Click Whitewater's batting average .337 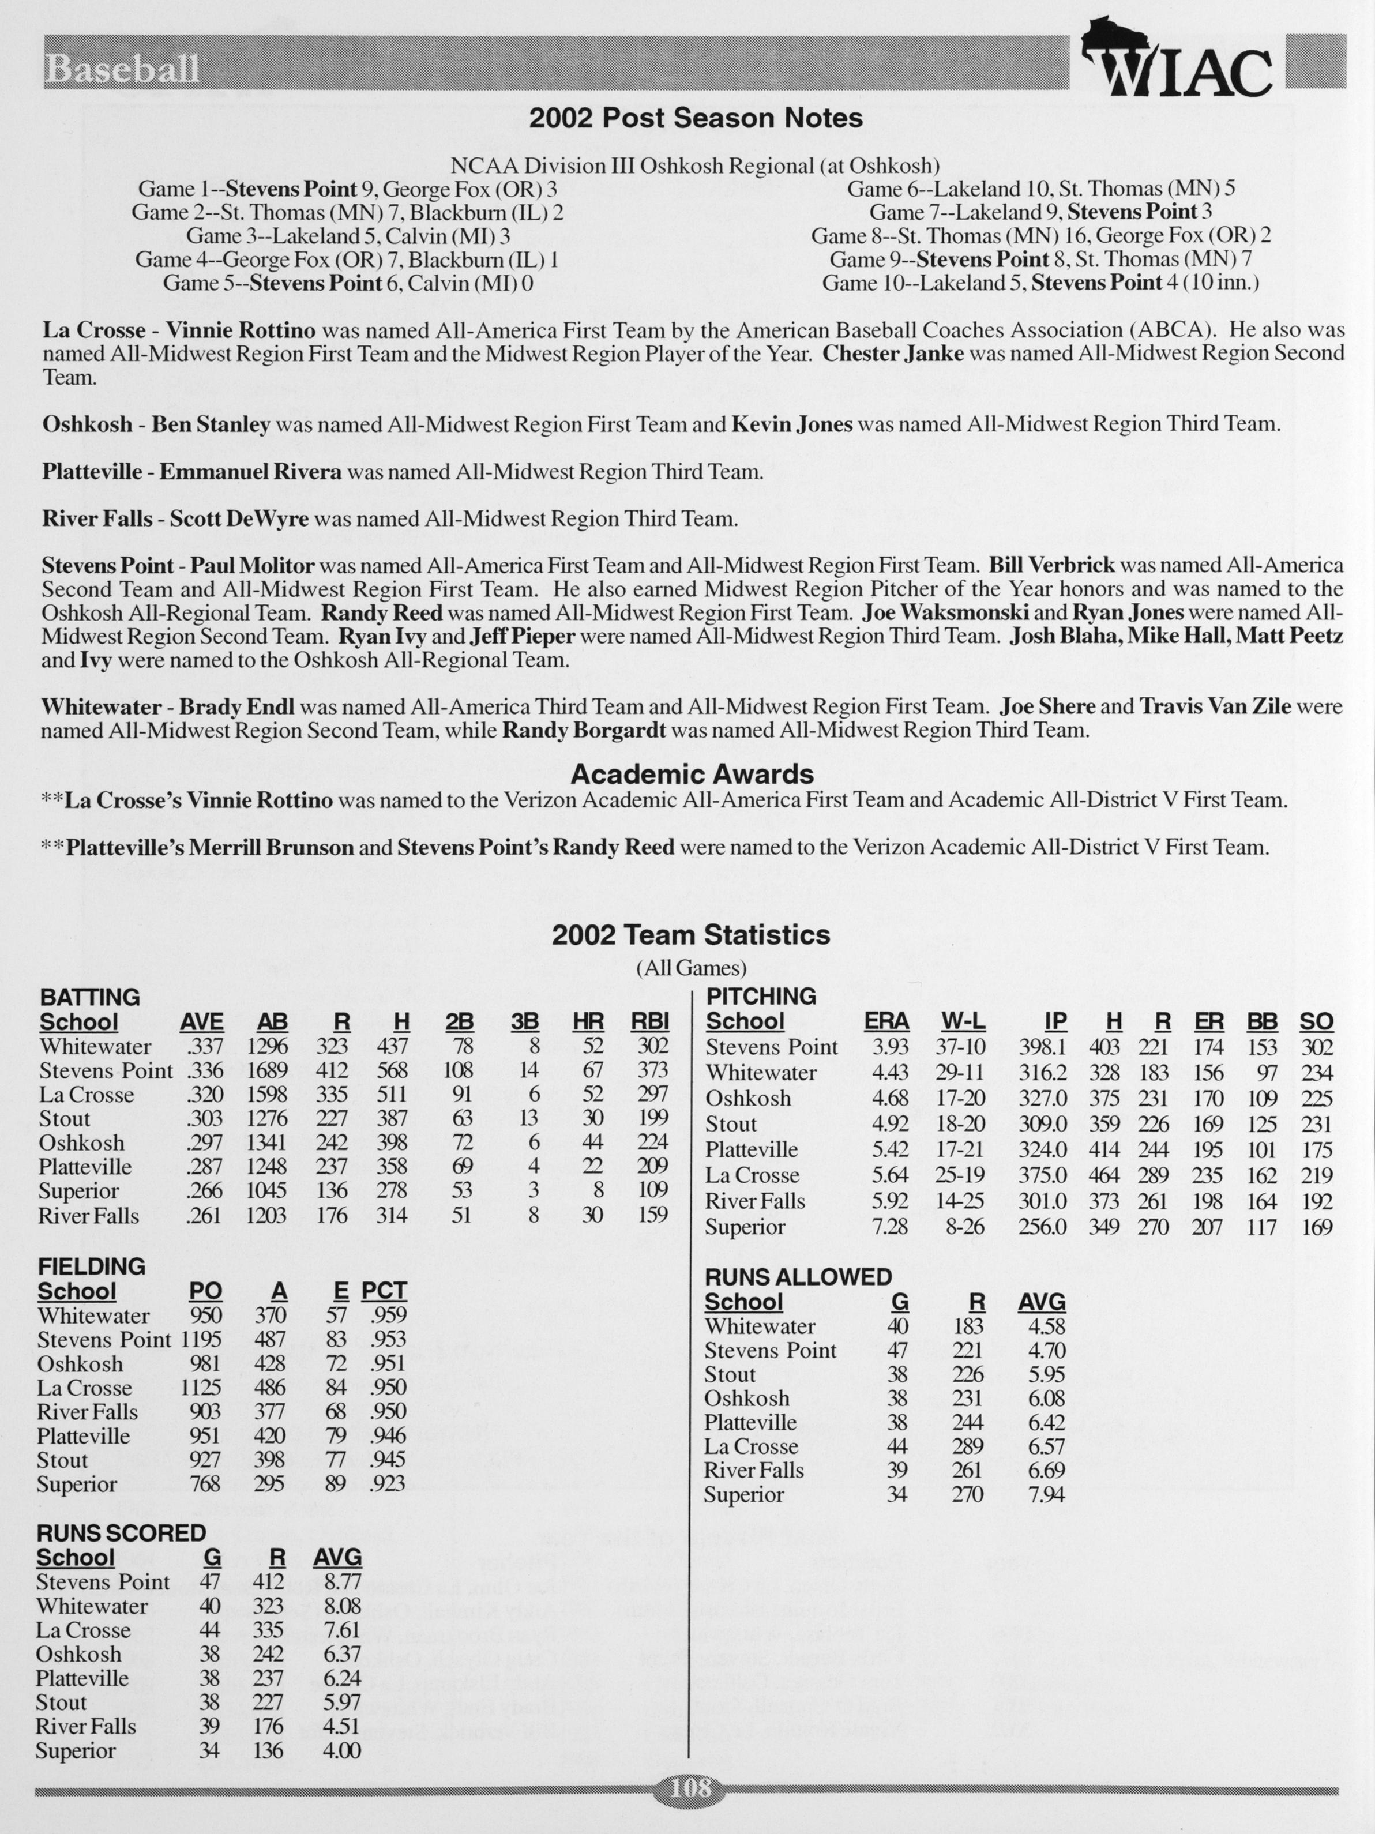[x=201, y=1046]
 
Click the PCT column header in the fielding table [x=384, y=1291]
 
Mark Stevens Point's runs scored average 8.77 [x=341, y=1582]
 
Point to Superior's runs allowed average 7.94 [x=1045, y=1494]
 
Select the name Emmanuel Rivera [x=250, y=472]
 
